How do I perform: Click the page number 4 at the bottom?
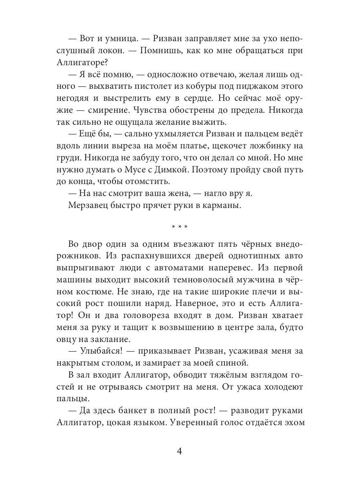tap(180, 452)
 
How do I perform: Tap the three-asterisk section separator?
tap(180, 227)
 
